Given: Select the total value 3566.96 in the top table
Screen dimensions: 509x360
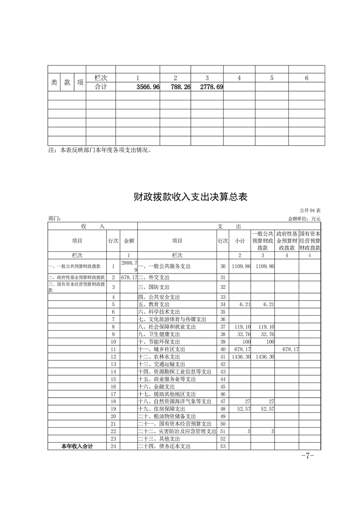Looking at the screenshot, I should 148,87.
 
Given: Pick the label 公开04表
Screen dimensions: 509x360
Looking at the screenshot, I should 311,211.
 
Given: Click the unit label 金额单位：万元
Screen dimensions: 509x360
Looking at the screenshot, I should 304,219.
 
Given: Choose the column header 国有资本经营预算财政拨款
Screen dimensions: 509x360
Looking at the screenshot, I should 310,241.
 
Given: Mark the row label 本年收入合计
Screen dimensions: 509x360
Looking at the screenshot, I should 77,446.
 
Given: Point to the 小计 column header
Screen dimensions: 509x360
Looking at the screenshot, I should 240,241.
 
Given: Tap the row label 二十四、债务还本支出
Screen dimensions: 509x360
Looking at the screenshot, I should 164,446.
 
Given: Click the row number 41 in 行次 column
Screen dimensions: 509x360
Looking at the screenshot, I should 222,357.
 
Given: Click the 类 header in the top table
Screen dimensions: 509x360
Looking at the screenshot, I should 54,82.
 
